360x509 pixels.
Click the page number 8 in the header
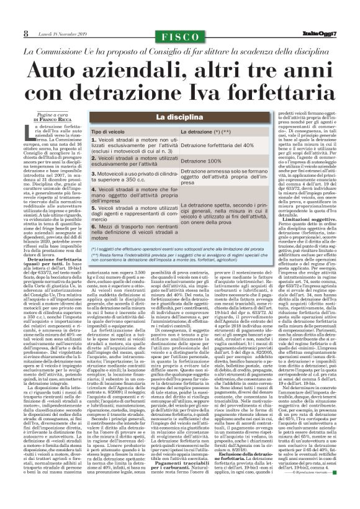pyautogui.click(x=9, y=15)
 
